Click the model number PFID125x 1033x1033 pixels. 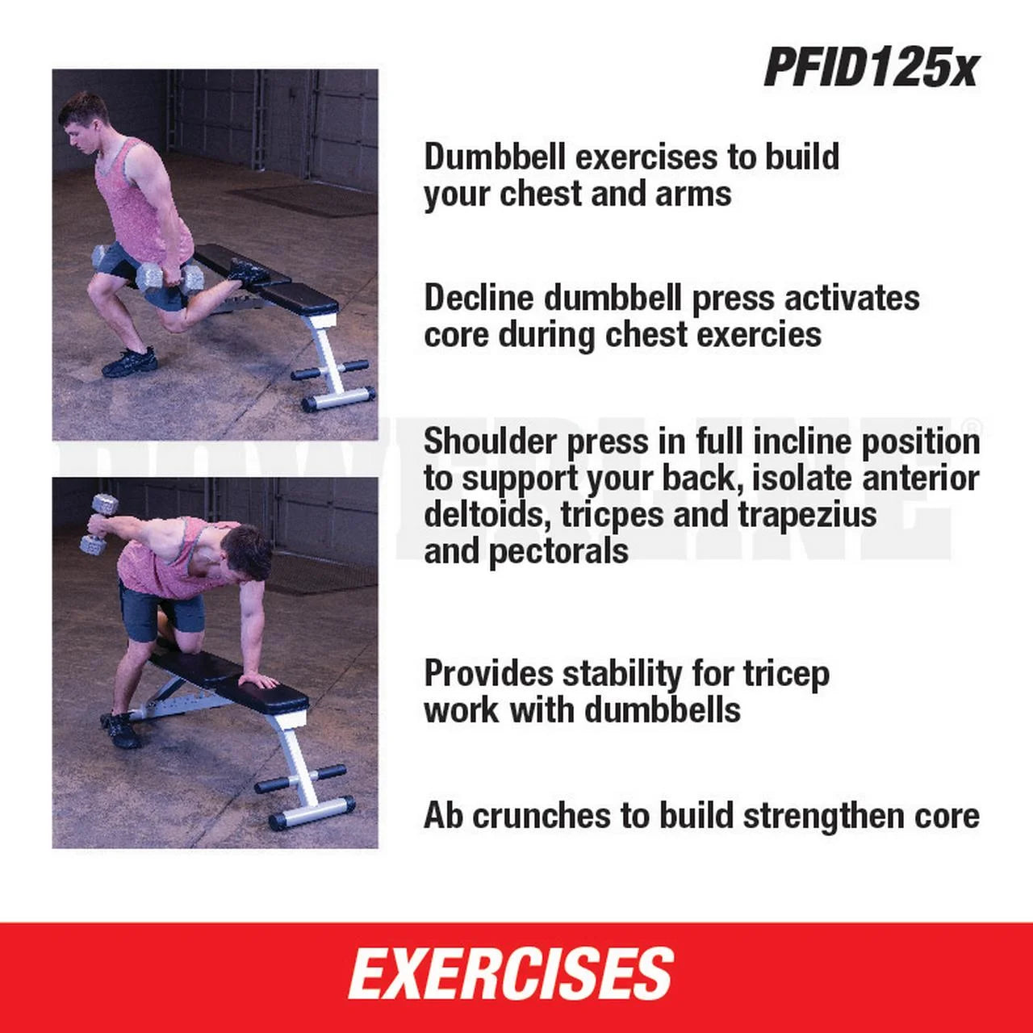870,67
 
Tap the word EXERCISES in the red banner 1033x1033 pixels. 511,974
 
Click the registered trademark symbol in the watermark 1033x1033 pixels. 973,426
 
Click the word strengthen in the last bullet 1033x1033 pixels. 823,815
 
